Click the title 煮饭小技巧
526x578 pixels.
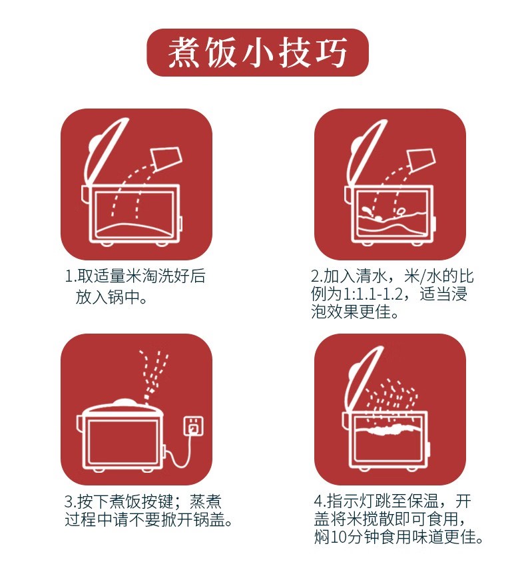pyautogui.click(x=258, y=53)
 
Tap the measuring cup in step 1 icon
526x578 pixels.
pyautogui.click(x=166, y=158)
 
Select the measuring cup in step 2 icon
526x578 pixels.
pyautogui.click(x=421, y=160)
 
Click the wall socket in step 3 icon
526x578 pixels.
pyautogui.click(x=194, y=426)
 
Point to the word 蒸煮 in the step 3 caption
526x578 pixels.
pyautogui.click(x=206, y=501)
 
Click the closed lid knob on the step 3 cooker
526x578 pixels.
pyautogui.click(x=125, y=402)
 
